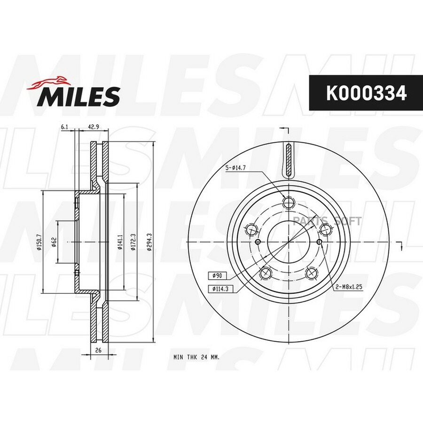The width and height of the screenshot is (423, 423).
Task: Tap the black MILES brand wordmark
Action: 79,96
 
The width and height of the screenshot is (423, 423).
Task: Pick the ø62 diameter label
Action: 55,242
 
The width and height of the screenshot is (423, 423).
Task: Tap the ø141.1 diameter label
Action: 121,242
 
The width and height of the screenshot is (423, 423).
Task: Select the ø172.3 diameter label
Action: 134,242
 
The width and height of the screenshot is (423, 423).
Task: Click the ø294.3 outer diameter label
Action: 149,242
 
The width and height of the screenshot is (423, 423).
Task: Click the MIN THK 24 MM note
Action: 196,357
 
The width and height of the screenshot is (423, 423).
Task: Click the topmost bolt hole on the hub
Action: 289,202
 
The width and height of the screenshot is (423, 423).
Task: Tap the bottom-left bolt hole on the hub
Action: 266,273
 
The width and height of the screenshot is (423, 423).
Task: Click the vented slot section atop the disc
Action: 289,160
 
